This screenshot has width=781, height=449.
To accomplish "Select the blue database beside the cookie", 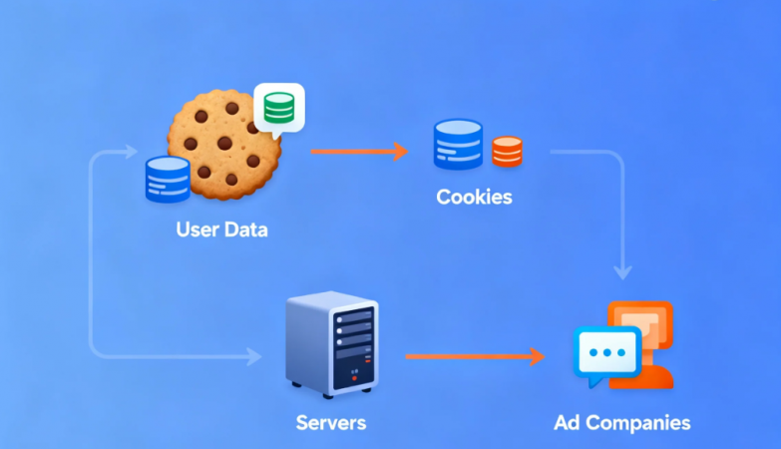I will point(167,179).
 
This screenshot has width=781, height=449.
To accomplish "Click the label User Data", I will point(221,229).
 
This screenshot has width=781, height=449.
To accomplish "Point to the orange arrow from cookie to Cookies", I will point(359,152).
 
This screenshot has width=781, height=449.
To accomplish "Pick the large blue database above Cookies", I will point(458,145).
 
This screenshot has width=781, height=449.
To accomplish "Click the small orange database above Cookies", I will point(507,152).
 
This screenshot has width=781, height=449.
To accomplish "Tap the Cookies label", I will point(474,197).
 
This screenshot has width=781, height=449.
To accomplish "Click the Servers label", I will point(331,422).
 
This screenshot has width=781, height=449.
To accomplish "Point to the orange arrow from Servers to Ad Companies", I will point(475,356).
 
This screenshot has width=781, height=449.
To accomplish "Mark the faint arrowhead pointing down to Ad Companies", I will point(623,270).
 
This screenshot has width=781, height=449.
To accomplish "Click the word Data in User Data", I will point(245,229).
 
